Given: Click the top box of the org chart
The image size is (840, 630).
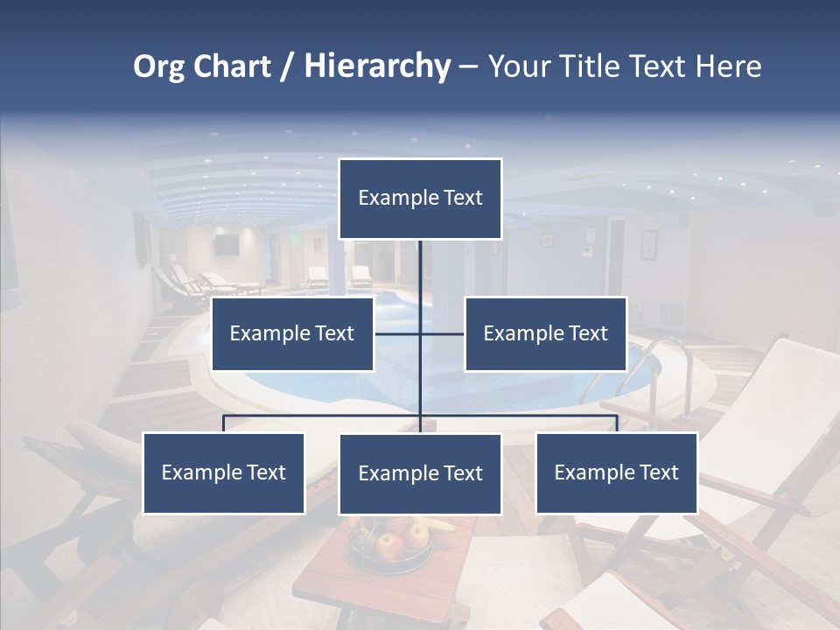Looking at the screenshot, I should (420, 199).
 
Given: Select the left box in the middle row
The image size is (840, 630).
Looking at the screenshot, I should (292, 333).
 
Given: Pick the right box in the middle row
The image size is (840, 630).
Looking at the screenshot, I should (545, 333).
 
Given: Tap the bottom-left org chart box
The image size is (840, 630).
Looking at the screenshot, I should (223, 472).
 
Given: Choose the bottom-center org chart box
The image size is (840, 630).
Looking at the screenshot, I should (420, 473).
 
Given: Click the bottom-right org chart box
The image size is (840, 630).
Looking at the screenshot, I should (616, 472).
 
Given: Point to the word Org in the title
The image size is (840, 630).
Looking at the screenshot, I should (157, 66).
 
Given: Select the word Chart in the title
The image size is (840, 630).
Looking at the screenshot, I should (229, 66).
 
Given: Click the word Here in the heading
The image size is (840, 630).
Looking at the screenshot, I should (728, 66).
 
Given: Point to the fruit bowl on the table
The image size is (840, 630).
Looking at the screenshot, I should (391, 542).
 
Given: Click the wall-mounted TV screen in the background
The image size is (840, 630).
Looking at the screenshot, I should (227, 245).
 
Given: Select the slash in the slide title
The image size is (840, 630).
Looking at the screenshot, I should (287, 67).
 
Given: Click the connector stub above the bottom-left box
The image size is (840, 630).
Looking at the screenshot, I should (223, 423).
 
